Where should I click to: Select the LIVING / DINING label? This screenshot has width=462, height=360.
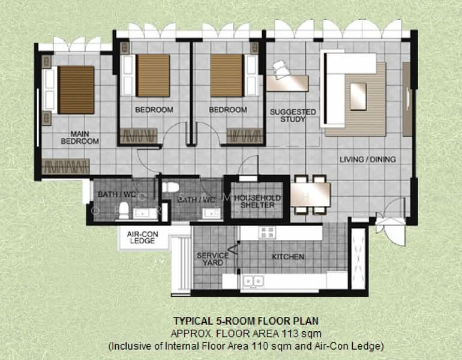point(367,159)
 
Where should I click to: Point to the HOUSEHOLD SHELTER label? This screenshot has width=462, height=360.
point(254,202)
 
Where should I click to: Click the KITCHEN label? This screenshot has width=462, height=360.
point(288,257)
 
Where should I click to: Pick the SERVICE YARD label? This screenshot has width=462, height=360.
point(212,259)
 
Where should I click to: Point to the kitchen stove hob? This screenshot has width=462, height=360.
point(267,232)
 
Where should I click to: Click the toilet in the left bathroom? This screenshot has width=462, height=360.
point(123,210)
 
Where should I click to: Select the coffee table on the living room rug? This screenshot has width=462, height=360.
point(358,94)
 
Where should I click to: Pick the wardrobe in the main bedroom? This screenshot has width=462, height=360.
point(66,166)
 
